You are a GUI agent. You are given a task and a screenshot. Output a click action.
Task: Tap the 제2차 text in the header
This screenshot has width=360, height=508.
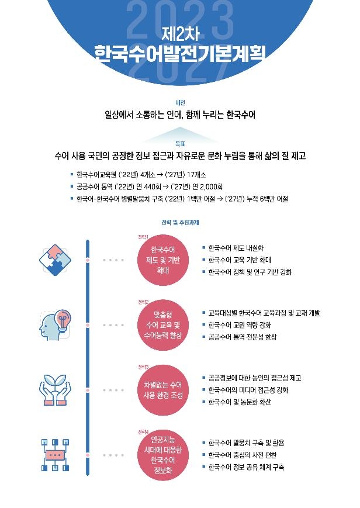click(180, 33)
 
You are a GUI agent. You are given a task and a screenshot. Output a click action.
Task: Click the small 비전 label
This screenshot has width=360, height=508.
click(179, 102)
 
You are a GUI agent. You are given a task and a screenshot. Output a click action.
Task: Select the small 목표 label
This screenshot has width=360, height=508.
click(179, 143)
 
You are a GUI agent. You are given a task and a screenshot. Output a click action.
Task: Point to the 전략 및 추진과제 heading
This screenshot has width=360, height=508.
click(179, 222)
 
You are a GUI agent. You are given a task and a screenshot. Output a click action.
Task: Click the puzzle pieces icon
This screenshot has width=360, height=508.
click(55, 259)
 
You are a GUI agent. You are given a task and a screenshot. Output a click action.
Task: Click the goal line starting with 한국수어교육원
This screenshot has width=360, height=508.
click(141, 175)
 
